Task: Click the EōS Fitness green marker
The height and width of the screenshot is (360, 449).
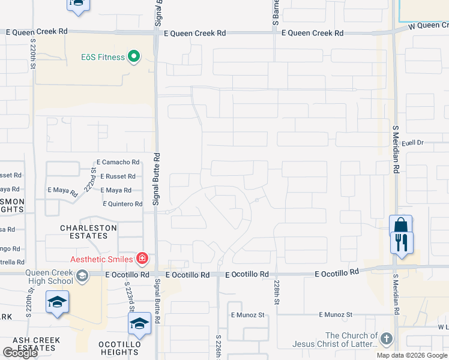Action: [x=134, y=58]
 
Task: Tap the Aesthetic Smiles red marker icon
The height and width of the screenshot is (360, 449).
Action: [x=142, y=259]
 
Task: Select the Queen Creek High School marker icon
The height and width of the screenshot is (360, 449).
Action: [x=82, y=275]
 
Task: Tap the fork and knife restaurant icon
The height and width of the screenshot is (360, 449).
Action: [x=401, y=243]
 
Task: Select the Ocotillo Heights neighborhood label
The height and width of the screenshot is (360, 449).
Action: [x=119, y=348]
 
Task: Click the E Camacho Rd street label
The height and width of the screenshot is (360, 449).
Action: [x=118, y=162]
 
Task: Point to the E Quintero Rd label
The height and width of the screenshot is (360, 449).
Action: [x=122, y=204]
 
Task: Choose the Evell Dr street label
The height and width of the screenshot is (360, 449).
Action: [x=412, y=143]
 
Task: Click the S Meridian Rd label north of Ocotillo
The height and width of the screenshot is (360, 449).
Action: [x=396, y=149]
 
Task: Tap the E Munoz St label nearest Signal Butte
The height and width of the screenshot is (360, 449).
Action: [x=248, y=315]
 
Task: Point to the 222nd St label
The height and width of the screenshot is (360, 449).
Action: [x=94, y=179]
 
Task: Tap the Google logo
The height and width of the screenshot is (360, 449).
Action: [x=19, y=352]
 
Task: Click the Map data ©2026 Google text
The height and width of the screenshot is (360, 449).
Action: [x=412, y=355]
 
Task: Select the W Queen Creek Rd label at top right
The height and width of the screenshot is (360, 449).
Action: [x=427, y=25]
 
